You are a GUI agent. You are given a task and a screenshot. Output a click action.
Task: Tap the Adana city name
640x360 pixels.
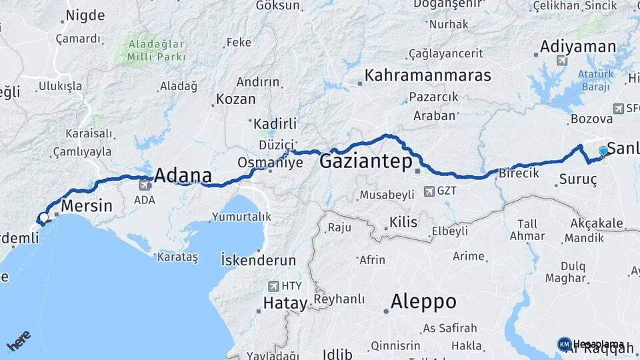point(183,176)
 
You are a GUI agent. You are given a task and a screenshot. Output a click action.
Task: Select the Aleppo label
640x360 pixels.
point(423,301)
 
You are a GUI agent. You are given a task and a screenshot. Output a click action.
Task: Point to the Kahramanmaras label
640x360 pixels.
point(427,75)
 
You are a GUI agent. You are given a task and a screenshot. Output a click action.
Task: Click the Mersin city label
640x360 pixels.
point(87,206)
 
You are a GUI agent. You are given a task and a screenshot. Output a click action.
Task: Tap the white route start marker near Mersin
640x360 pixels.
point(43,218)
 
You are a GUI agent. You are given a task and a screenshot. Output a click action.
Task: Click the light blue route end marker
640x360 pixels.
point(603,151)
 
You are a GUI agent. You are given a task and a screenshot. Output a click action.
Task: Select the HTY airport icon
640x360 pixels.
point(273,286)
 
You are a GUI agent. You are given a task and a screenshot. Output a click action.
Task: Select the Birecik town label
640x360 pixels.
point(521,173)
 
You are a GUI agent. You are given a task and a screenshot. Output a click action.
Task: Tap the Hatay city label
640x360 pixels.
point(285,304)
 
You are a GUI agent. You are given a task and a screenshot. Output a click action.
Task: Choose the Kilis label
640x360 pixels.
point(403,221)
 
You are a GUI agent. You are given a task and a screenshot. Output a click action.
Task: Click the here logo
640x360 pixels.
point(18,342)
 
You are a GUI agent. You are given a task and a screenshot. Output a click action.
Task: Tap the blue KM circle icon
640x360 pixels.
point(564,344)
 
